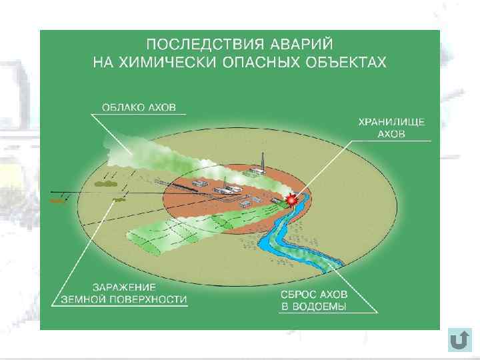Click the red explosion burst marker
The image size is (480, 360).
[291, 199]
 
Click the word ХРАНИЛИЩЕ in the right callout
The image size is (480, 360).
[391, 122]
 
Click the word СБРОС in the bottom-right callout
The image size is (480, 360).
[297, 294]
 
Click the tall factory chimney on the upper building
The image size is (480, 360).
[265, 162]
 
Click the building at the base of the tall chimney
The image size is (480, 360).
[254, 172]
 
